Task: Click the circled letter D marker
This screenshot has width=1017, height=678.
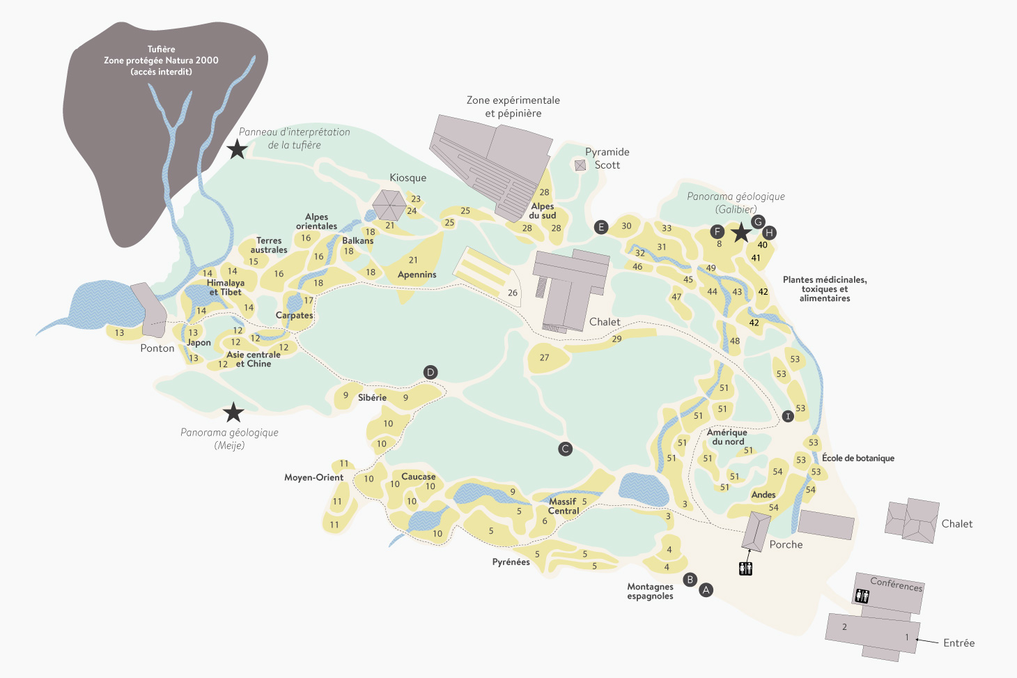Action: [430, 372]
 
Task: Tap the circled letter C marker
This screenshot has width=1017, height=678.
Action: [566, 449]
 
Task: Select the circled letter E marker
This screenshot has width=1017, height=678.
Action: [601, 227]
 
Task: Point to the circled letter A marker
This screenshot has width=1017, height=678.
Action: [706, 590]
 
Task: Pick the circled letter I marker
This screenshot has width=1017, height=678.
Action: [788, 416]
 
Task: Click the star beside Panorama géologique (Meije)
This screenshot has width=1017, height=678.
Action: [233, 413]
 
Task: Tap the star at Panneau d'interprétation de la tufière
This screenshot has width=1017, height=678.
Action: [238, 148]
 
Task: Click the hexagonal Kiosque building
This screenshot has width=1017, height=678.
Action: [389, 205]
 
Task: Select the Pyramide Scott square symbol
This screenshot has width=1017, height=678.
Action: [580, 165]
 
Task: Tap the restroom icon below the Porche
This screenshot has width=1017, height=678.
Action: [745, 569]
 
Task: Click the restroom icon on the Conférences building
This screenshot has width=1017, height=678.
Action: [862, 596]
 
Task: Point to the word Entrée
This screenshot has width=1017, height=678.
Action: [958, 643]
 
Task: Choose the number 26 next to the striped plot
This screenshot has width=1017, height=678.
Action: [513, 293]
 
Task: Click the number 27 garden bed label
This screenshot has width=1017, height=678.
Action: [544, 357]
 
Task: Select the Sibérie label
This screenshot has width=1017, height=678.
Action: [372, 398]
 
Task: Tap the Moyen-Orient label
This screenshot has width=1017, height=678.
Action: [313, 477]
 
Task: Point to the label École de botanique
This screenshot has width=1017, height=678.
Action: [857, 458]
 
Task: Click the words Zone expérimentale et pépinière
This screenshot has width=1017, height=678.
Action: [513, 107]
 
